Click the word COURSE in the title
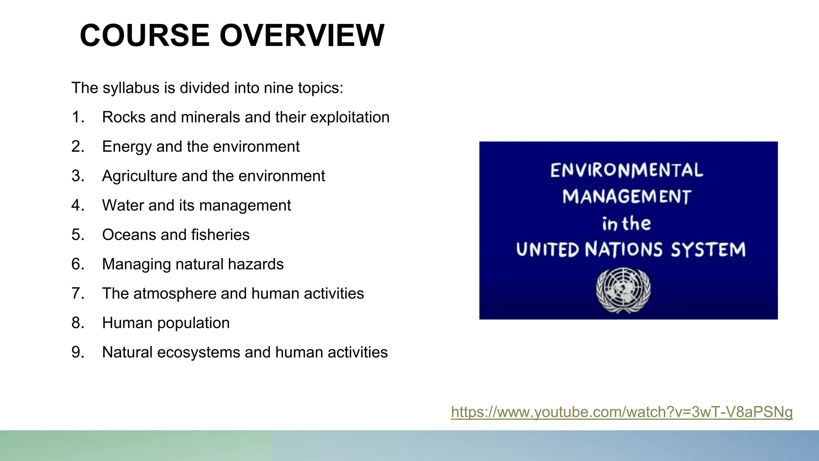(144, 36)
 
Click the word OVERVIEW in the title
(302, 36)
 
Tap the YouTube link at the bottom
(621, 412)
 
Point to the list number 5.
(78, 235)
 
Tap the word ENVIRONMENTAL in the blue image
(626, 170)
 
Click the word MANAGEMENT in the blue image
(627, 197)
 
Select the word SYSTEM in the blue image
(708, 250)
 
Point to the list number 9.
(78, 353)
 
